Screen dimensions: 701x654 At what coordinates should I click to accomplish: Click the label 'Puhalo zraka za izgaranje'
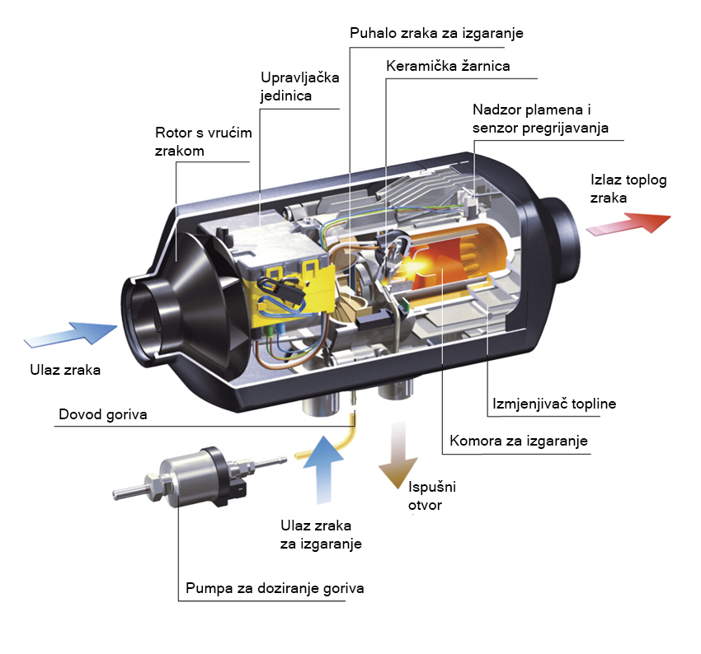(x=436, y=34)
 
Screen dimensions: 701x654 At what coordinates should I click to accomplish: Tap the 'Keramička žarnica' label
(x=448, y=66)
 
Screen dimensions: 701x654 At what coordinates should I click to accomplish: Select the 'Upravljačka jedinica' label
(x=300, y=86)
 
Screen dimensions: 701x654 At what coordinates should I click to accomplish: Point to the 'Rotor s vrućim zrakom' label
(x=204, y=142)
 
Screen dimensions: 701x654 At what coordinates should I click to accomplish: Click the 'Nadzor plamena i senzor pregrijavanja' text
(x=540, y=119)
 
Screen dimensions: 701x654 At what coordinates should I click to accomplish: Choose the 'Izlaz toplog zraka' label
(x=628, y=189)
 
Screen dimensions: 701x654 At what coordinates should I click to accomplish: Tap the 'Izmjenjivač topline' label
(x=554, y=404)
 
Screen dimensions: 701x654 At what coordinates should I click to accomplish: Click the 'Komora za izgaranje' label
(x=519, y=441)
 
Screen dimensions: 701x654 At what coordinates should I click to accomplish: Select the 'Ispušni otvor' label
(x=432, y=496)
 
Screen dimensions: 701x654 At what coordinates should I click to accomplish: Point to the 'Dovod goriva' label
(x=103, y=414)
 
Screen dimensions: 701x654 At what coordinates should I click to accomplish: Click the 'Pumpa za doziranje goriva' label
(x=275, y=588)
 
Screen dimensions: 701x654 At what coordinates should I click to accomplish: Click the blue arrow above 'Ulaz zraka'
(x=71, y=334)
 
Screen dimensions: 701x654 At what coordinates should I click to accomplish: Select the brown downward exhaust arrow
(x=398, y=455)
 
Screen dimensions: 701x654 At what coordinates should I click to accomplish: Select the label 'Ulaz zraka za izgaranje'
(x=321, y=535)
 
